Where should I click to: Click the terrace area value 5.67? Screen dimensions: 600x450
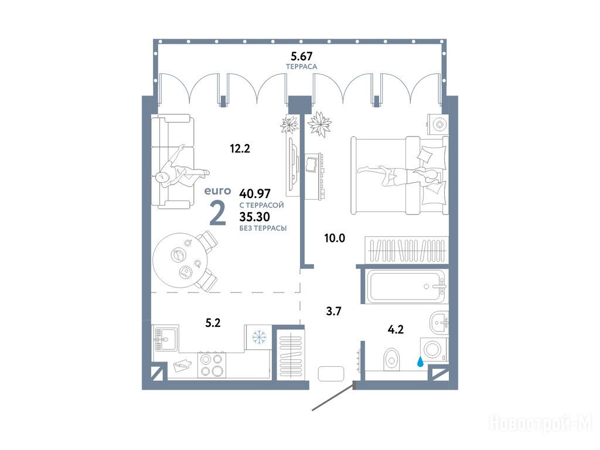click(302, 56)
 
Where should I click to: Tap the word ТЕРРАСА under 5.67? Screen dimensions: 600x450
click(302, 67)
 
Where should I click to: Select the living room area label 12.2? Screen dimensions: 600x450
click(240, 148)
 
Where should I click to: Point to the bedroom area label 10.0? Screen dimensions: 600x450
click(335, 238)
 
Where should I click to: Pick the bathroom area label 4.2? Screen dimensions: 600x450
click(396, 329)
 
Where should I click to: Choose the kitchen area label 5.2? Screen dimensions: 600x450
click(213, 323)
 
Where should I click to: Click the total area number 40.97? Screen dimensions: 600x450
click(255, 192)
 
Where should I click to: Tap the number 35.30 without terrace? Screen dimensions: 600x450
click(254, 217)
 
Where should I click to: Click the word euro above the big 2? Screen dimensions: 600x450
click(218, 190)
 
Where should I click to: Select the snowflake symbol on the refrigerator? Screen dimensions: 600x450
click(258, 337)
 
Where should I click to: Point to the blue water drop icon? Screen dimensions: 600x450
click(421, 361)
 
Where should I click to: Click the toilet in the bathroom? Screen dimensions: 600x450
click(391, 359)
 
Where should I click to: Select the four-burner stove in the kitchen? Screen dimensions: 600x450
click(212, 365)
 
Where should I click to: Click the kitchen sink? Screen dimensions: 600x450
click(166, 338)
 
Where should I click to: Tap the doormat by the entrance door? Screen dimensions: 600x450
click(332, 373)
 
